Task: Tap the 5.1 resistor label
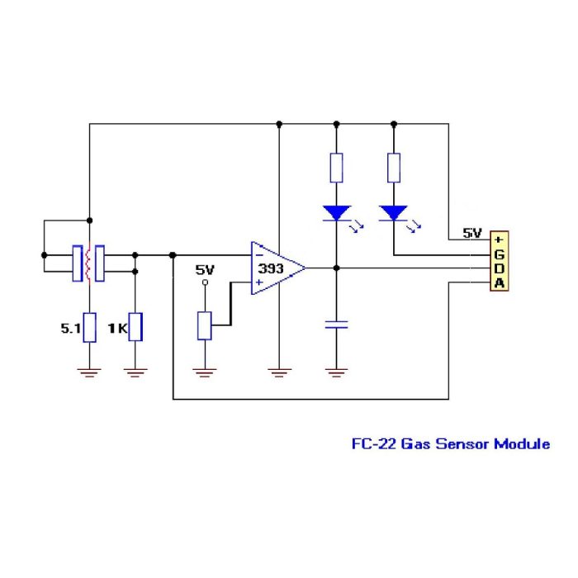point(70,328)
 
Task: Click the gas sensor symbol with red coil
point(88,263)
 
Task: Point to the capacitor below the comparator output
point(335,325)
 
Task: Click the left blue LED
point(336,213)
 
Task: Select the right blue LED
point(394,213)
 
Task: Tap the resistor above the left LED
point(336,168)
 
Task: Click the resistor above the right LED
point(394,168)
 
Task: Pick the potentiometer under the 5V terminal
point(205,325)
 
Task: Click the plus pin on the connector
point(499,239)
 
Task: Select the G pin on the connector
point(499,254)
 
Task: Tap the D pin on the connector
point(499,269)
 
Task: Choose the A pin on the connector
point(499,284)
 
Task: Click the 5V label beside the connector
point(471,234)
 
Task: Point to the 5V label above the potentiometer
point(204,269)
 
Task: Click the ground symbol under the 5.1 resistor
point(88,372)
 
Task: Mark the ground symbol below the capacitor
point(335,372)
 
